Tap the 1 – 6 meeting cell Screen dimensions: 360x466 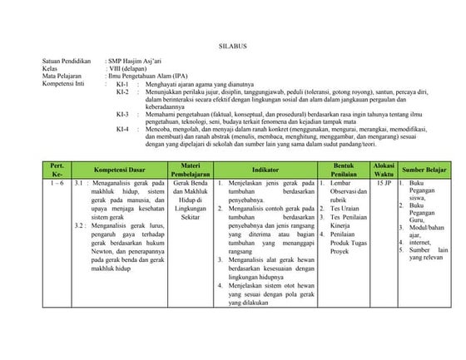[x=57, y=182]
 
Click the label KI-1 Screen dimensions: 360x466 [x=121, y=85]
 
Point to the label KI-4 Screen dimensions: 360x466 [x=121, y=129]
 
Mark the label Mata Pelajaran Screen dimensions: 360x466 [x=60, y=76]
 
